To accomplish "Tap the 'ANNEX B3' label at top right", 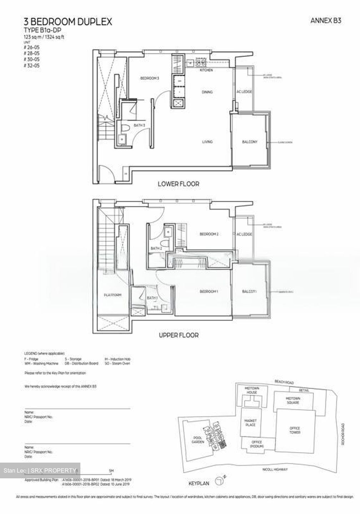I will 325,21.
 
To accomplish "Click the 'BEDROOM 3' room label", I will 149,78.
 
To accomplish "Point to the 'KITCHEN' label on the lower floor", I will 206,70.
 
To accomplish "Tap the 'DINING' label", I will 207,92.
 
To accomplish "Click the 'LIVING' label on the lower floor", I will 207,142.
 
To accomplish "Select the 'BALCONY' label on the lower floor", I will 250,142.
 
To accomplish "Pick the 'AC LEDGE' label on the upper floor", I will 244,234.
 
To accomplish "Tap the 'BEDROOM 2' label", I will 209,234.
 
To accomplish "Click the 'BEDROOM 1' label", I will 209,292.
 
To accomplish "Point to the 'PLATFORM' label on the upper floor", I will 112,295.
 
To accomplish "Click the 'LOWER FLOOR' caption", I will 178,184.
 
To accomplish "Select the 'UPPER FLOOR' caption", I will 179,336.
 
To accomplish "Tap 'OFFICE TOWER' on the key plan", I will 295,430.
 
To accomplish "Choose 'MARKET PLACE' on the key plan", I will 250,423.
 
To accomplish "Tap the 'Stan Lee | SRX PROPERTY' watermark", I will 40,470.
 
